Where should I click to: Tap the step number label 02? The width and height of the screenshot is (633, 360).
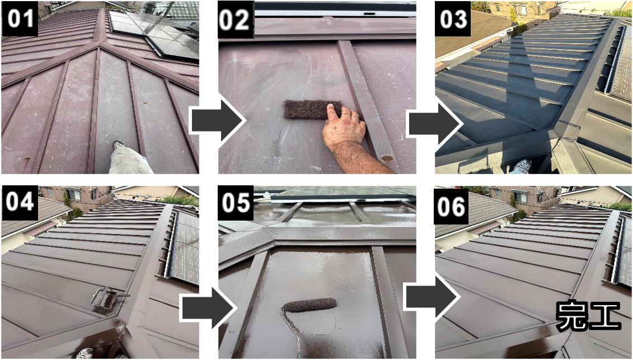click(x=236, y=19)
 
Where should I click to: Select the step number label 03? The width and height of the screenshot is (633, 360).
click(x=453, y=19)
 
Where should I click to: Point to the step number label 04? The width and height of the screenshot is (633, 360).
click(x=20, y=201)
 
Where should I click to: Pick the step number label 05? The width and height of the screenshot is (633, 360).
click(x=236, y=203)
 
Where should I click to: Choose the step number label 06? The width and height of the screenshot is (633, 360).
click(x=451, y=207)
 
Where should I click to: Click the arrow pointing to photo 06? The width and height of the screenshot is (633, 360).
click(x=432, y=297)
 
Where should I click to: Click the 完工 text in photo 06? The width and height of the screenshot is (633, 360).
click(x=588, y=316)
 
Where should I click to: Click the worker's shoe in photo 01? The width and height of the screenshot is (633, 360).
click(x=118, y=145)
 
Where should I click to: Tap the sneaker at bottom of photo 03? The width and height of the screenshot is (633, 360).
click(x=522, y=166)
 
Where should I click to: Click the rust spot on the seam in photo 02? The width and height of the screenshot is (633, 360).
click(x=387, y=158)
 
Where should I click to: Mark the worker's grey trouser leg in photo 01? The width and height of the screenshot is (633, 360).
click(x=130, y=161)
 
